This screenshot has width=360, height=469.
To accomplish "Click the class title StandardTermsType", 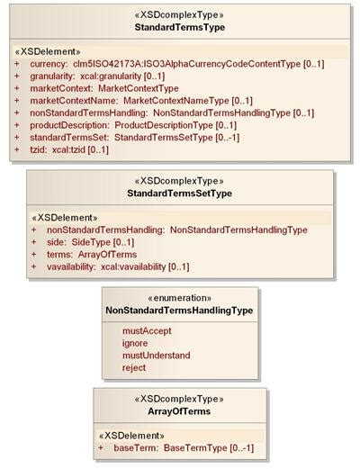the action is [180, 27].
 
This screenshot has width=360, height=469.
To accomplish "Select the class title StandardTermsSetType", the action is [179, 194].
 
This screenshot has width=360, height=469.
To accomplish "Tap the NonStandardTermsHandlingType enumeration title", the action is [179, 311].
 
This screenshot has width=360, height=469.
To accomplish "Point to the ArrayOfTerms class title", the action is [179, 411].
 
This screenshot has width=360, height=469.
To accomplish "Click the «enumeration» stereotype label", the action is [180, 298].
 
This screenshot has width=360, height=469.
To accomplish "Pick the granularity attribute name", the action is [52, 77].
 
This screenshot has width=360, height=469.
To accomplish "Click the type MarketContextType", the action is [139, 88].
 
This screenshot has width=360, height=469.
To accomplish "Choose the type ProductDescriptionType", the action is [164, 125].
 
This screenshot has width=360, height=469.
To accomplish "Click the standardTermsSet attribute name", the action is [69, 138].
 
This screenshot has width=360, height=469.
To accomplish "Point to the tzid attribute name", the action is [39, 149].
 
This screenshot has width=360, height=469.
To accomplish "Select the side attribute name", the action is [56, 242].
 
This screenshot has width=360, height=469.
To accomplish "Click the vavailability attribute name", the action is [71, 266].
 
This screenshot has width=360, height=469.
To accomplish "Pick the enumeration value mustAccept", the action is [147, 331].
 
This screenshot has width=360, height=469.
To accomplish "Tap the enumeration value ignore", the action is [135, 343].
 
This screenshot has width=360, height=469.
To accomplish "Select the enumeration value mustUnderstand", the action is [157, 356].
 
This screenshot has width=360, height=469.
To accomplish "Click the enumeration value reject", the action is [134, 368].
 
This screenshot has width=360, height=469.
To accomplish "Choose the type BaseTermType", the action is [195, 448].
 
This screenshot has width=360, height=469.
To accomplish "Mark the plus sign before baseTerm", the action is [101, 448].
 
